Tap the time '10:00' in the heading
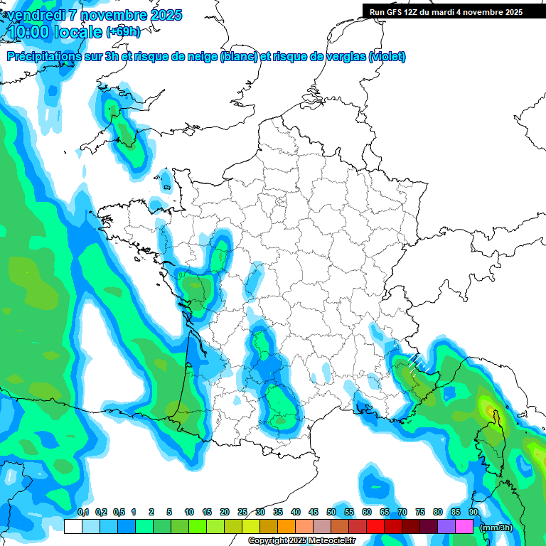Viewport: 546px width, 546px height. pyautogui.click(x=29, y=32)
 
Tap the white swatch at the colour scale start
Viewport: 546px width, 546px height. pyautogui.click(x=73, y=527)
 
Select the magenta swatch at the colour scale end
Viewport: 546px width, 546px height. pyautogui.click(x=464, y=527)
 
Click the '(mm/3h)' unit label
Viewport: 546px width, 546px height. pyautogui.click(x=496, y=528)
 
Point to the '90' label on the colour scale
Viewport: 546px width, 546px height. pyautogui.click(x=473, y=513)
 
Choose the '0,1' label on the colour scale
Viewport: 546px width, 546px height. pyautogui.click(x=82, y=513)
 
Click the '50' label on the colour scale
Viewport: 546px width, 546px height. pyautogui.click(x=331, y=513)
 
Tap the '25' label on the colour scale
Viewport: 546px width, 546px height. pyautogui.click(x=242, y=513)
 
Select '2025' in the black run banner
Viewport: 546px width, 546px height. pyautogui.click(x=512, y=12)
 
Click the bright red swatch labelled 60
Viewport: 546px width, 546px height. pyautogui.click(x=375, y=527)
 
